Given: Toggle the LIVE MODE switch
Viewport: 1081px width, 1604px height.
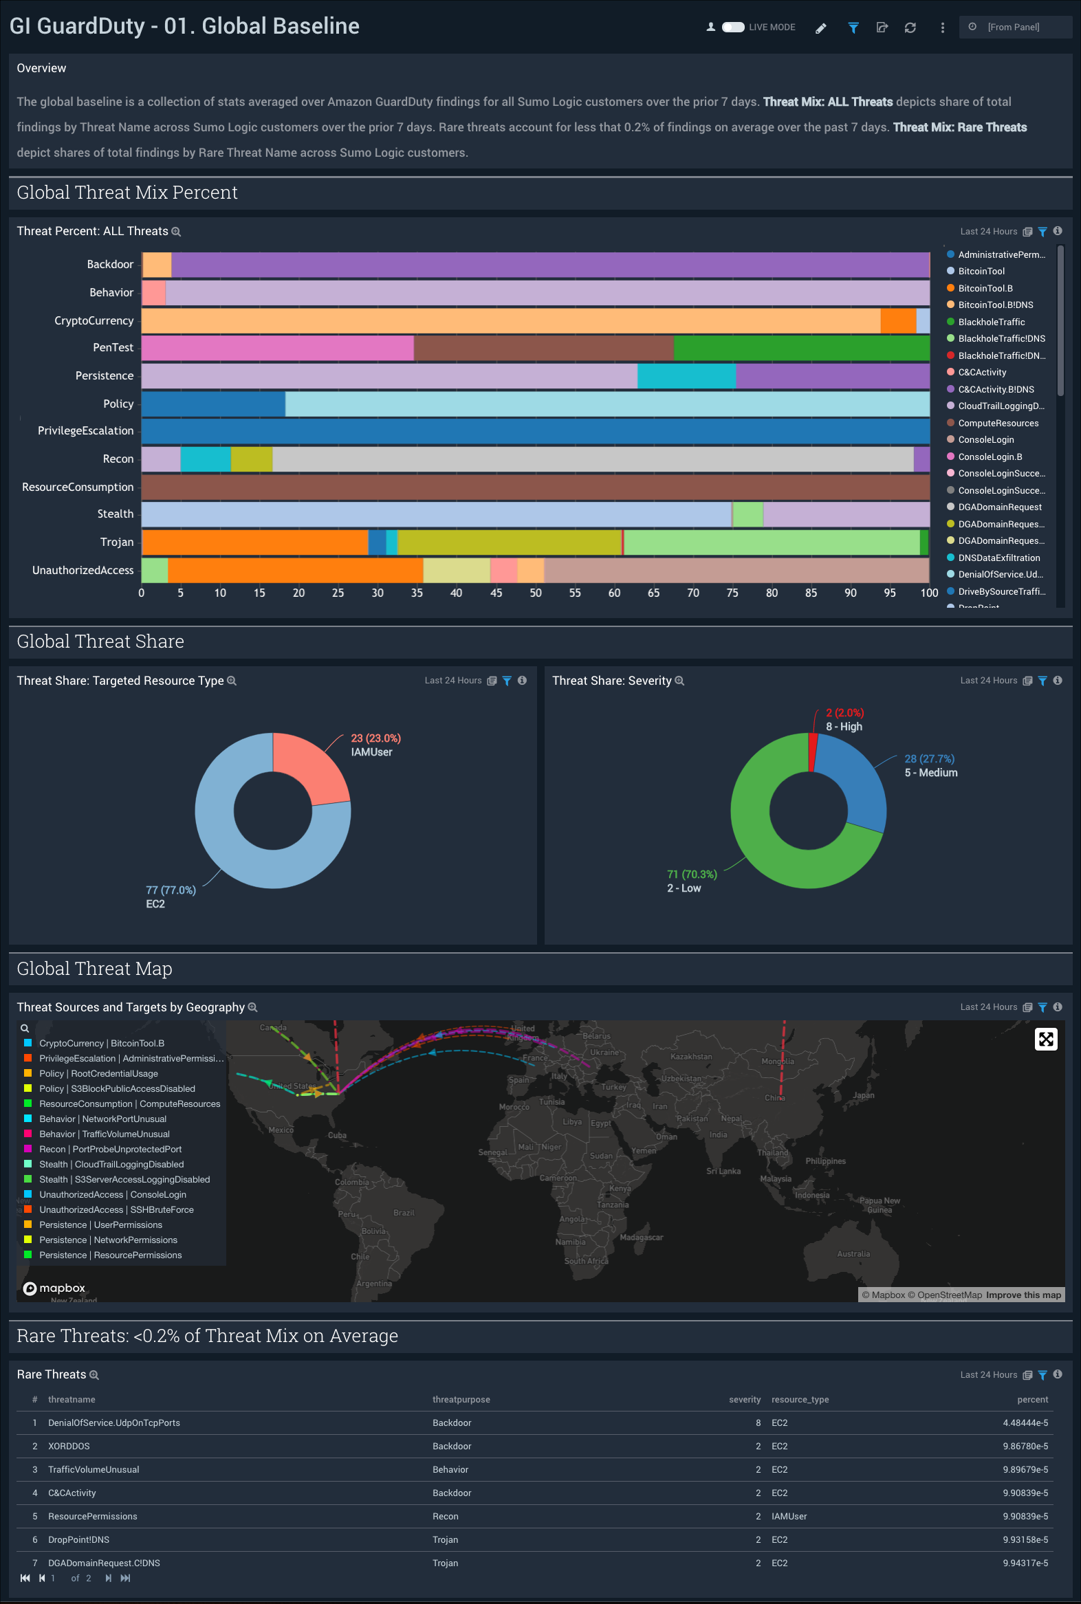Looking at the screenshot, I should pyautogui.click(x=733, y=27).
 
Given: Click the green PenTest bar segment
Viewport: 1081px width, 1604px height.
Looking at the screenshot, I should pyautogui.click(x=801, y=348).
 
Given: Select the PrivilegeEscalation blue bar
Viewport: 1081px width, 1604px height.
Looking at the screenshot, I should pyautogui.click(x=535, y=432).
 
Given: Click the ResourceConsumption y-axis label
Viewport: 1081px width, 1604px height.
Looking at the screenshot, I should pyautogui.click(x=78, y=487).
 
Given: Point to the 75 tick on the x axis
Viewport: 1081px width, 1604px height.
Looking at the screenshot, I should pyautogui.click(x=732, y=593).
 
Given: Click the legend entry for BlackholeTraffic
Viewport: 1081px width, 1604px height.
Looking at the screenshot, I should pyautogui.click(x=991, y=322).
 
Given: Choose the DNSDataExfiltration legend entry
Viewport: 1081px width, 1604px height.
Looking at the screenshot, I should pyautogui.click(x=998, y=558).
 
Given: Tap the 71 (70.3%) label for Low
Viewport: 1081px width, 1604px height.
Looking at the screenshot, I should pyautogui.click(x=692, y=874).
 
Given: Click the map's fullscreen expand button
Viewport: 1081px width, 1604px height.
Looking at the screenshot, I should pyautogui.click(x=1045, y=1039).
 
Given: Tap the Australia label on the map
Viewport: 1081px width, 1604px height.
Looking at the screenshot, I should pyautogui.click(x=853, y=1254).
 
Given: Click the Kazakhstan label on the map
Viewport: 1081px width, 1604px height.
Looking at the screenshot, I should pyautogui.click(x=691, y=1057).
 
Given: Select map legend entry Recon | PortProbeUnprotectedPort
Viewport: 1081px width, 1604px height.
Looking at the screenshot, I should pyautogui.click(x=110, y=1149).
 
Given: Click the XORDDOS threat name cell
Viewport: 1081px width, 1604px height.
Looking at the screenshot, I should pyautogui.click(x=69, y=1446).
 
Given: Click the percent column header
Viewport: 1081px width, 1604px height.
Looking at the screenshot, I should pyautogui.click(x=1032, y=1399).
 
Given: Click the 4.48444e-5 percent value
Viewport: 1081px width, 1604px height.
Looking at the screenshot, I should pyautogui.click(x=1025, y=1422).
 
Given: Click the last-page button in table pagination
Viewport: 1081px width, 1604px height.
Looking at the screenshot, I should pyautogui.click(x=125, y=1578).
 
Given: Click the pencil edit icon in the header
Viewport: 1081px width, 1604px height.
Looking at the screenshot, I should pyautogui.click(x=820, y=28).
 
